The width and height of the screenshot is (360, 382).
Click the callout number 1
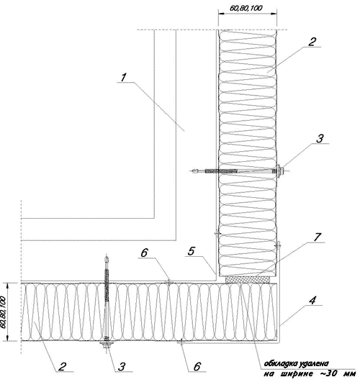tap(124, 78)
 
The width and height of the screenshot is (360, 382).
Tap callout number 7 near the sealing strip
tap(318, 237)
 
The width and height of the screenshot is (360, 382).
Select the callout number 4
tap(312, 301)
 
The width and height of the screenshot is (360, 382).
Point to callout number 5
tap(192, 251)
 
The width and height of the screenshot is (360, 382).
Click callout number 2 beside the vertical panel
tap(312, 42)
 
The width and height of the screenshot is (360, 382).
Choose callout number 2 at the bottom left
tap(63, 366)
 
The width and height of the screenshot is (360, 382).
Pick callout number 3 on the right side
tap(320, 138)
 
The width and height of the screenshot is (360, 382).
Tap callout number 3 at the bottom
tap(122, 366)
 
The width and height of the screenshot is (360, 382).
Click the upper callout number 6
tap(144, 253)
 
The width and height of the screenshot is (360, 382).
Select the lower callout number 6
tap(197, 366)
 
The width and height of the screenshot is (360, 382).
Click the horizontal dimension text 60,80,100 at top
tap(246, 9)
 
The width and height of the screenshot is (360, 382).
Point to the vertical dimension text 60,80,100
tap(3, 311)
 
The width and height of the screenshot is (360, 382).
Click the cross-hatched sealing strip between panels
tap(248, 280)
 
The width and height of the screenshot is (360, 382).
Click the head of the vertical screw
tap(107, 345)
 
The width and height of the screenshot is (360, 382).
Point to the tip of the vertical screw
tap(106, 256)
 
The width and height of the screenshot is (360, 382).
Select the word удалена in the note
tap(313, 364)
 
